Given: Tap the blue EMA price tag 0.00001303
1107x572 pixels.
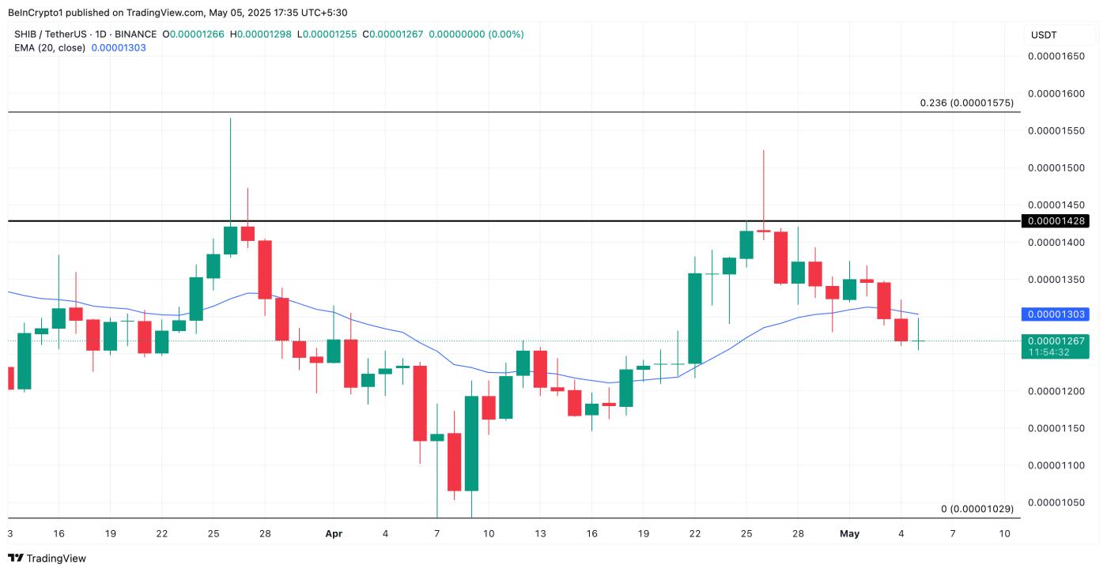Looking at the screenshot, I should pyautogui.click(x=1057, y=314).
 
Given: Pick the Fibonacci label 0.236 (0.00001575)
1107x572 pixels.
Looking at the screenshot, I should pyautogui.click(x=966, y=103).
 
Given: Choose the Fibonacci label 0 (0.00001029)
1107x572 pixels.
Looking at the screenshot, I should pyautogui.click(x=977, y=509).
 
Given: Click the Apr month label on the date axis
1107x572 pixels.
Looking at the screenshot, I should pyautogui.click(x=334, y=534).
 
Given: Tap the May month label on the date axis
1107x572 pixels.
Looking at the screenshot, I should pyautogui.click(x=849, y=534).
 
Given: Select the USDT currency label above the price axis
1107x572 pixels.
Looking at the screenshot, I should pyautogui.click(x=1044, y=35).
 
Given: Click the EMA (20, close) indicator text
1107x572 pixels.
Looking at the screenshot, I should pyautogui.click(x=50, y=47).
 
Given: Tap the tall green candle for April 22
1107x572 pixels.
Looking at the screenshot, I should pyautogui.click(x=695, y=318).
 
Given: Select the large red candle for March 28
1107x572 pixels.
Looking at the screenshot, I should pyautogui.click(x=266, y=269).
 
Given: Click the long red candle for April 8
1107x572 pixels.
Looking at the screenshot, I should pyautogui.click(x=454, y=461).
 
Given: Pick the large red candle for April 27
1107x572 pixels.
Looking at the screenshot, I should pyautogui.click(x=781, y=258).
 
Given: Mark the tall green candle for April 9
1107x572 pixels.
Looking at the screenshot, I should pyautogui.click(x=471, y=442).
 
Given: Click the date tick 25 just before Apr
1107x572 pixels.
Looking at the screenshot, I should pyautogui.click(x=213, y=534).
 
